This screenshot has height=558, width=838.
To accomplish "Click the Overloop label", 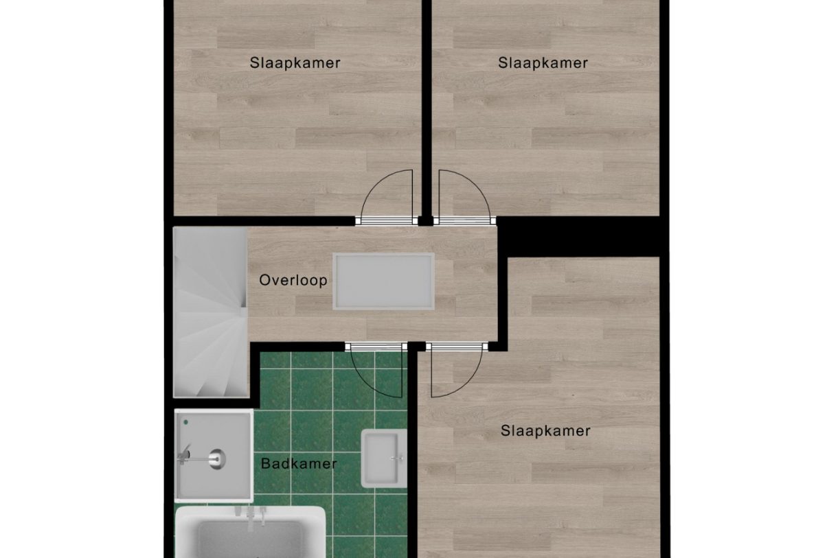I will (293, 281).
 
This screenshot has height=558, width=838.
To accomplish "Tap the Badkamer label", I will (299, 464).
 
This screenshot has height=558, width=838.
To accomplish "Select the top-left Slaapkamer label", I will (295, 63).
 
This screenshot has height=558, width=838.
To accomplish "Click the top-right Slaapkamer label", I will (543, 63).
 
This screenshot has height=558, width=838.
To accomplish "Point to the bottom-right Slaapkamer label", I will (545, 431).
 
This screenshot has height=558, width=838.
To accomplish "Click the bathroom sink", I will (383, 458).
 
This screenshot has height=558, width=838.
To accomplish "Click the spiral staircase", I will (209, 312).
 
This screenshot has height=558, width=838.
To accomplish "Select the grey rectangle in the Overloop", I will (384, 281).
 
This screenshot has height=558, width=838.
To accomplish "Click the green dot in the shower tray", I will (185, 423).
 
